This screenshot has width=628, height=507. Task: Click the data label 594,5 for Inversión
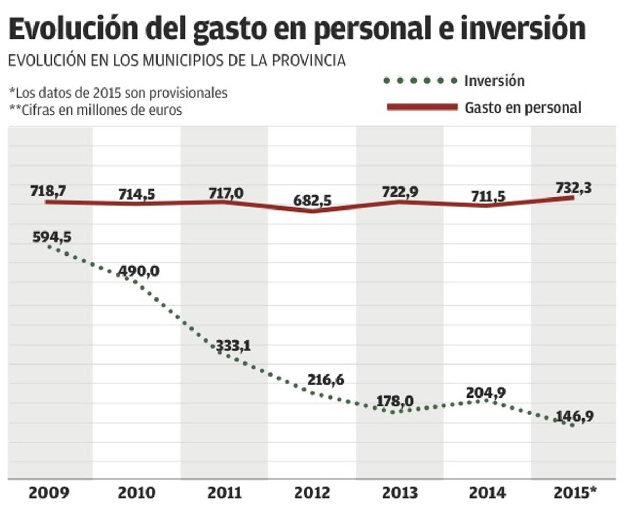pos(51,237)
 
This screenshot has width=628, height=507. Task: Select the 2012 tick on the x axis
pos(312,493)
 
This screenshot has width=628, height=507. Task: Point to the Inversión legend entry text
pos(494,81)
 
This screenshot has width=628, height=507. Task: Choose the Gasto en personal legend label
pos(523,107)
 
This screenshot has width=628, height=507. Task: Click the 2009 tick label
pos(49,493)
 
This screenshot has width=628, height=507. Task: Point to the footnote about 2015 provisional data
pos(119,93)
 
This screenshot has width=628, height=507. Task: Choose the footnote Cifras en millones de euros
pos(96,110)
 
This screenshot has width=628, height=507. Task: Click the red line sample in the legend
pos(422,107)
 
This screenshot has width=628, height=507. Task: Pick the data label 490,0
pos(138,271)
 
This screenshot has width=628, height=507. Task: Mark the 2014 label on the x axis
pos(487,493)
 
